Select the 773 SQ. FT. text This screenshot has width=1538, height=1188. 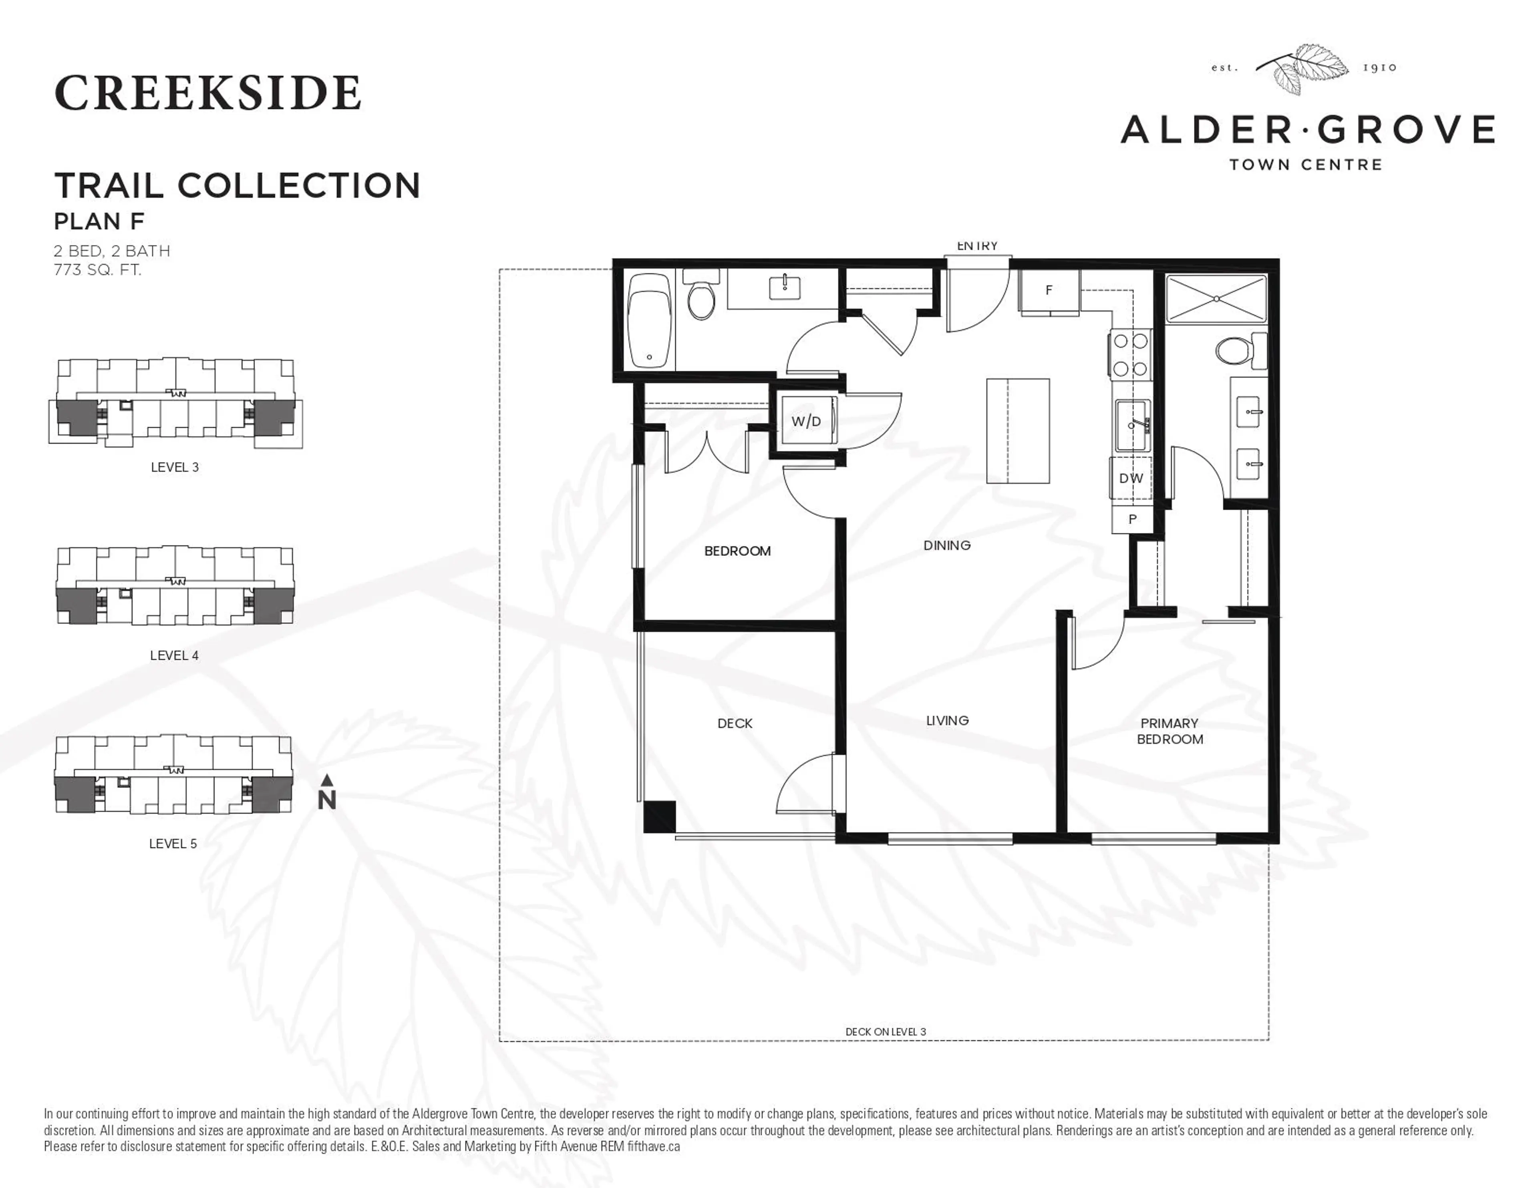tap(97, 270)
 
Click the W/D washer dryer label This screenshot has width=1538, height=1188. tap(805, 421)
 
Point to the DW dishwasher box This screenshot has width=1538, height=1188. tap(1131, 478)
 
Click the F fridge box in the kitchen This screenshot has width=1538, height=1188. tap(1049, 290)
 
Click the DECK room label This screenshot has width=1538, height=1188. tap(735, 723)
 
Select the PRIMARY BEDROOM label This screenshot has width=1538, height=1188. tap(1170, 731)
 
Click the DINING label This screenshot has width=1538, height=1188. tap(946, 545)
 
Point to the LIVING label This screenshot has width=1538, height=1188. tap(947, 720)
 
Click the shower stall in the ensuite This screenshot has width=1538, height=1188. tap(1216, 299)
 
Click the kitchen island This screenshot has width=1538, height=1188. tap(1018, 430)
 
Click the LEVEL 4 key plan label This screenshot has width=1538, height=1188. tap(174, 655)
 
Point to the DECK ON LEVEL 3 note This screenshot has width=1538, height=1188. tap(885, 1032)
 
